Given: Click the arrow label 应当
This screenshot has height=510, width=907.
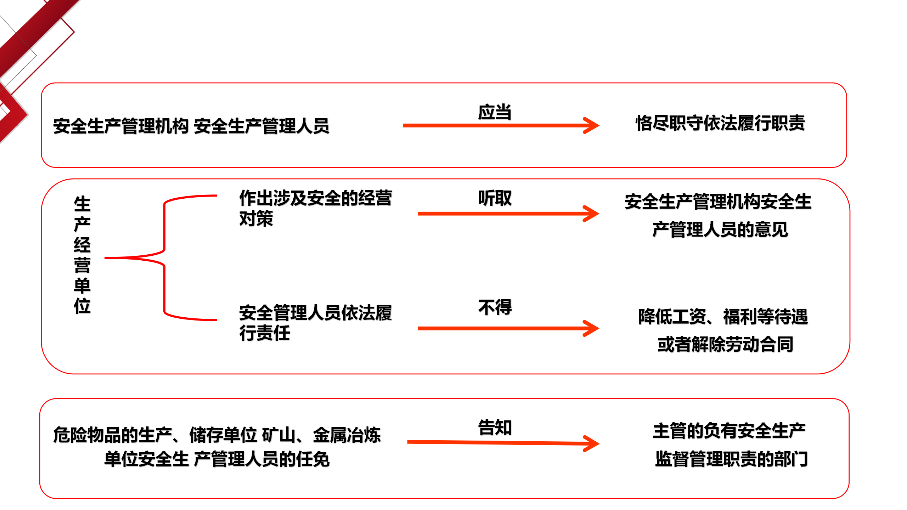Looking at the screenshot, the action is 495,112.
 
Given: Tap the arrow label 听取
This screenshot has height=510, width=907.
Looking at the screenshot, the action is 495,198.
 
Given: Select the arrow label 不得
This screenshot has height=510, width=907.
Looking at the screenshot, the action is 495,307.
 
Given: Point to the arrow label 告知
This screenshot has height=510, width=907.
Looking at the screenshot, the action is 495,427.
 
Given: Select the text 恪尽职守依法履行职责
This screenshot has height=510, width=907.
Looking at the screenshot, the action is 720,123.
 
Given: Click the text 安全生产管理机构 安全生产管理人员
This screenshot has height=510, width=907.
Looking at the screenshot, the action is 191,126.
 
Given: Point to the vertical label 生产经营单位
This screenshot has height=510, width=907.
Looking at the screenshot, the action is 82,255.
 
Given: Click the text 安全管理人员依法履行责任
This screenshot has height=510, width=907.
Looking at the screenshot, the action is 315,323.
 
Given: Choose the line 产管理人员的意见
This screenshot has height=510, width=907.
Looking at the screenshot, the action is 720,229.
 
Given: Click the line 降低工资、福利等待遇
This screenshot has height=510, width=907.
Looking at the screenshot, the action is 723,316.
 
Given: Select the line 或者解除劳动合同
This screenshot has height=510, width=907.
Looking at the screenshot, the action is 725,344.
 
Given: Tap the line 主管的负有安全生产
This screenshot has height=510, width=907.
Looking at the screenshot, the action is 729,431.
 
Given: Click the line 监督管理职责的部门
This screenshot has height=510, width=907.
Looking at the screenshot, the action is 731,459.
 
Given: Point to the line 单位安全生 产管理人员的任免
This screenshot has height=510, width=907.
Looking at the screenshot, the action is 217,459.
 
